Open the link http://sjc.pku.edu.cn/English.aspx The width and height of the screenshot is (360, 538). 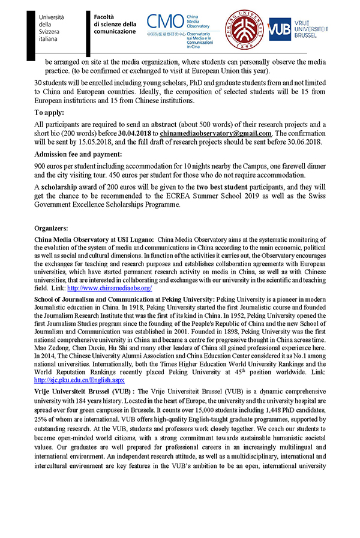(79, 380)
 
